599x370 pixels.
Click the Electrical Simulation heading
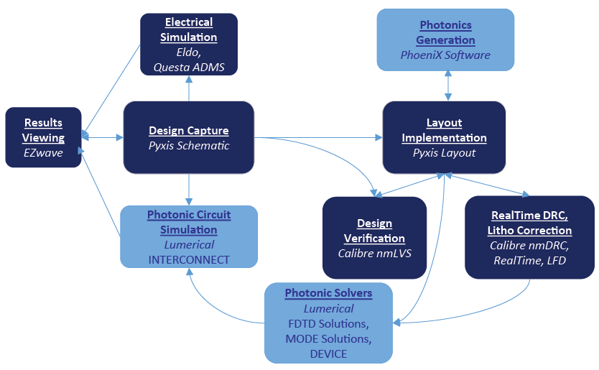[x=189, y=29]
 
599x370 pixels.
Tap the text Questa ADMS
[x=189, y=67]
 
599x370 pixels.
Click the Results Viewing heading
[x=43, y=130]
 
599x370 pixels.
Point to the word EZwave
[x=43, y=152]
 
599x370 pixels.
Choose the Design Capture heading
[x=189, y=131]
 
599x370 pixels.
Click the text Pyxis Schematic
[x=189, y=146]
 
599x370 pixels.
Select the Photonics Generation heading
[x=445, y=32]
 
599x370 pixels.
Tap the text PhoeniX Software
[x=445, y=55]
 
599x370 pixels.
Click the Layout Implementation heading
[x=444, y=130]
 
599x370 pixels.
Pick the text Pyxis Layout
[x=444, y=152]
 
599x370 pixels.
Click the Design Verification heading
[x=374, y=231]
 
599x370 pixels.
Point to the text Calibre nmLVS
[x=374, y=253]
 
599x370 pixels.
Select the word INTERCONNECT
[x=189, y=259]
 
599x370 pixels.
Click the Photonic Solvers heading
[x=328, y=293]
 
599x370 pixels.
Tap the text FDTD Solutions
[x=328, y=323]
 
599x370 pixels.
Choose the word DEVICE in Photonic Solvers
[x=328, y=353]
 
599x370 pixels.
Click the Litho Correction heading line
[x=530, y=231]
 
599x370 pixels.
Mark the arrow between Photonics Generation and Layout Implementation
[x=448, y=85]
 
